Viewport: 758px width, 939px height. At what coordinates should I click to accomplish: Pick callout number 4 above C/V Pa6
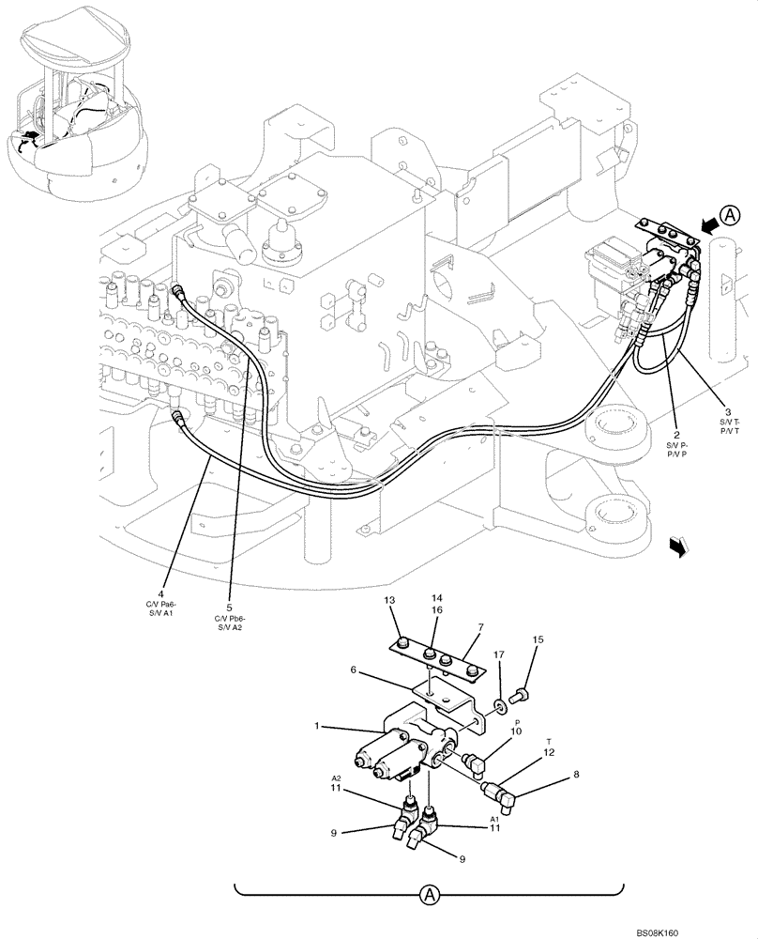pyautogui.click(x=161, y=593)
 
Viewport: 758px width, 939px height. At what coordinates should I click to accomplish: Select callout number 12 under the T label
pyautogui.click(x=550, y=752)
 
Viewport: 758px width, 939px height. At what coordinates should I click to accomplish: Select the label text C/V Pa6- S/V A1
pyautogui.click(x=161, y=611)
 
